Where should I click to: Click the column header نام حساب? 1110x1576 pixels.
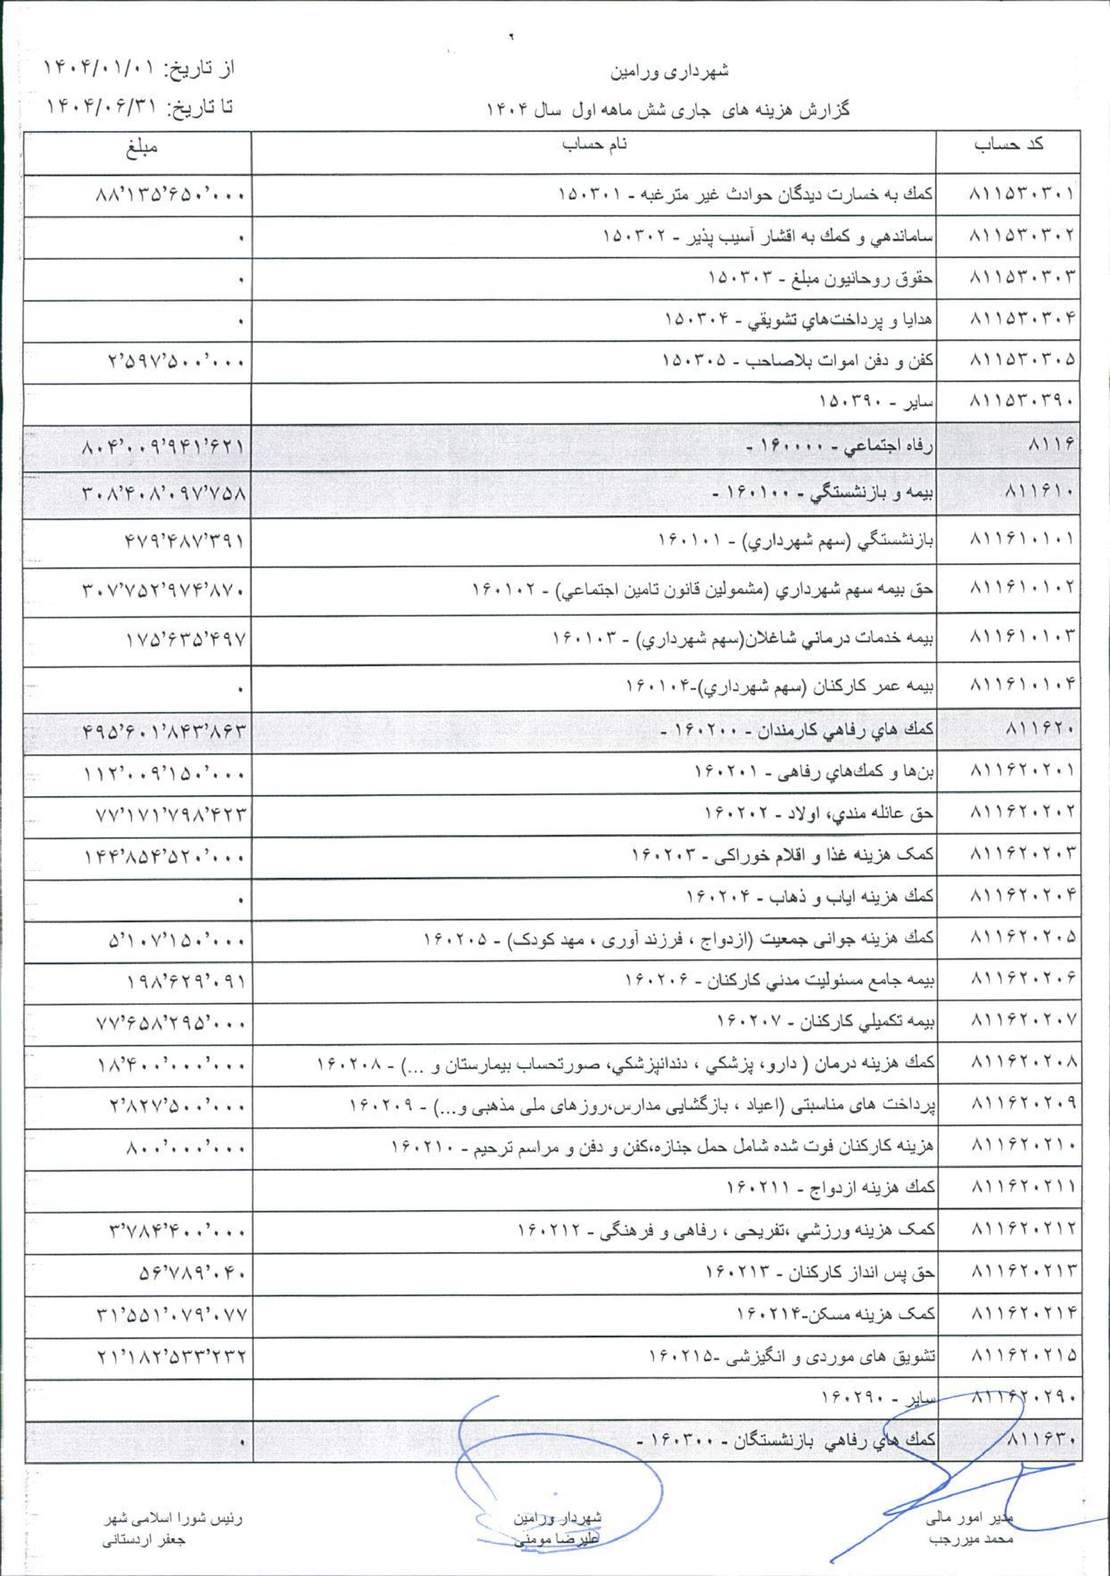[595, 145]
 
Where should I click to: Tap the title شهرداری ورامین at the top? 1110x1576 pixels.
[669, 71]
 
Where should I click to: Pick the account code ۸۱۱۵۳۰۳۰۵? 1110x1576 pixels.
[1021, 360]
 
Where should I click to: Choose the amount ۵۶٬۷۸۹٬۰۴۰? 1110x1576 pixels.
[192, 1275]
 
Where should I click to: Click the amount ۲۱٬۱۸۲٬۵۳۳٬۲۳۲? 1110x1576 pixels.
[172, 1357]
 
